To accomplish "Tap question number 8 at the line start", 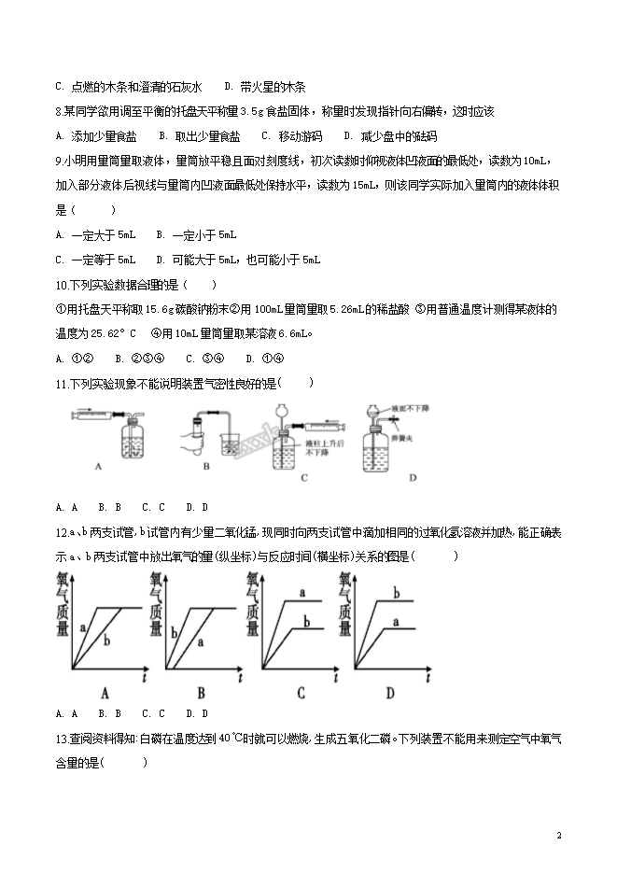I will [x=59, y=112].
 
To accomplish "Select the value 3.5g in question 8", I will [x=241, y=112].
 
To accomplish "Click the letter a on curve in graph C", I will [x=301, y=592].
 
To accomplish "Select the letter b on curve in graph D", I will [x=396, y=593].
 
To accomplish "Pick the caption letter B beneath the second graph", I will [x=201, y=692].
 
